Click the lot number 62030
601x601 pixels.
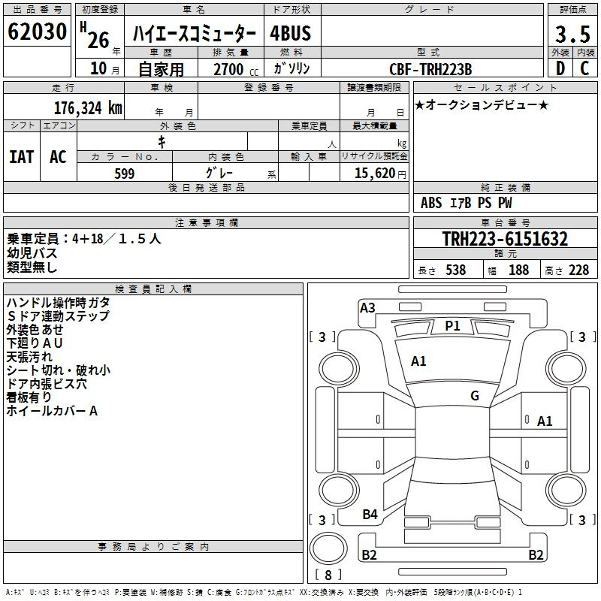click(37, 31)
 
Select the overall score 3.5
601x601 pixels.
click(572, 34)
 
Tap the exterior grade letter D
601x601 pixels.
click(560, 68)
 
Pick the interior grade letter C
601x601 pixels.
click(584, 68)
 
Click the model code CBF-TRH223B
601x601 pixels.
click(430, 69)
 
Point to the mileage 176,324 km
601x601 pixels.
click(88, 108)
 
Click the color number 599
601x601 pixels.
click(125, 174)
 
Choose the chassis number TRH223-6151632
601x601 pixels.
click(505, 239)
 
